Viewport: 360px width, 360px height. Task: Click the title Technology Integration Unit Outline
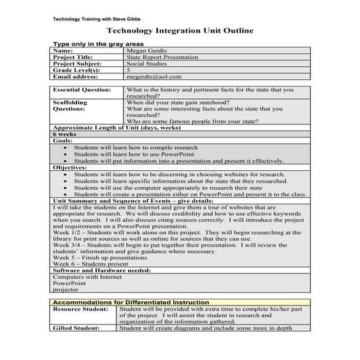click(180, 31)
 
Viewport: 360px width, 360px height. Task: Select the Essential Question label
click(81, 89)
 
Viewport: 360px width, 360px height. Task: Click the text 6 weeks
click(64, 135)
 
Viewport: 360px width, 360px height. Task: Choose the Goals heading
click(62, 140)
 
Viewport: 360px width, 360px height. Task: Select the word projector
click(67, 289)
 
